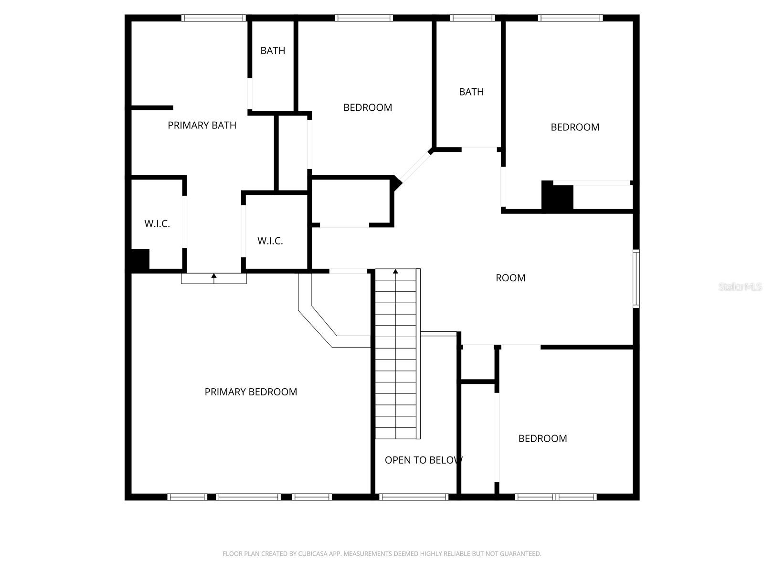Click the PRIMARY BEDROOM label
[x=251, y=392]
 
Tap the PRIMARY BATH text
[x=202, y=125]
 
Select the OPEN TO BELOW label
[x=423, y=460]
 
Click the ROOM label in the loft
[x=510, y=278]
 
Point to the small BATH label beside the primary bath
[x=273, y=51]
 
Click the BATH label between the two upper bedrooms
[x=471, y=92]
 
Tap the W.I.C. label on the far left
[x=157, y=223]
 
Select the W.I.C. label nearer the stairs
[x=270, y=241]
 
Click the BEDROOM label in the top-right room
[x=575, y=127]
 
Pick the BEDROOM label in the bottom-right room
[x=542, y=438]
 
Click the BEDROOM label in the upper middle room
[x=368, y=107]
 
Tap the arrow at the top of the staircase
[x=395, y=272]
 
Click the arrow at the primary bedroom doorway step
[x=214, y=276]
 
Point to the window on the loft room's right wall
[x=636, y=278]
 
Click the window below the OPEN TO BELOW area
[x=414, y=497]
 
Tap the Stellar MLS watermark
[x=740, y=286]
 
